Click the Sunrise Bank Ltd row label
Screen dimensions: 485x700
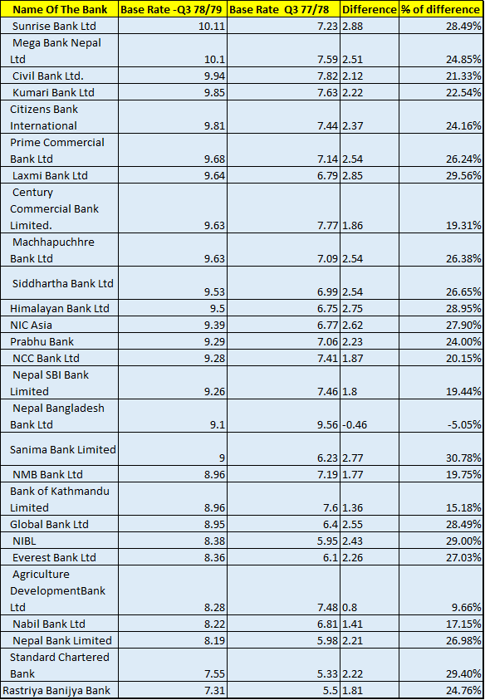[54, 26]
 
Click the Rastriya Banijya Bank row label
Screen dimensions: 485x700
[56, 690]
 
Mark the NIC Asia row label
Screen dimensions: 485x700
[32, 325]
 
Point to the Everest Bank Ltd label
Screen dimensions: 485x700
[54, 557]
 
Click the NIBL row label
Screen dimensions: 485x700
[25, 541]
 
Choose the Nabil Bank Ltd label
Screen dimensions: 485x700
[49, 624]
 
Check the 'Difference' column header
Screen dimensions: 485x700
[369, 8]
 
